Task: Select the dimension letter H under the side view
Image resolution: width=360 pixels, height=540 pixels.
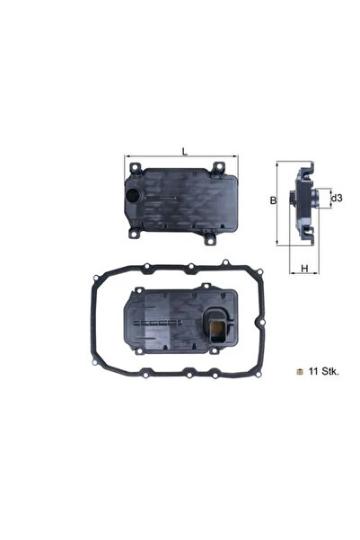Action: [x=304, y=268]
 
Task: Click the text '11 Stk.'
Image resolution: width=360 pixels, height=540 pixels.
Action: [x=322, y=371]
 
